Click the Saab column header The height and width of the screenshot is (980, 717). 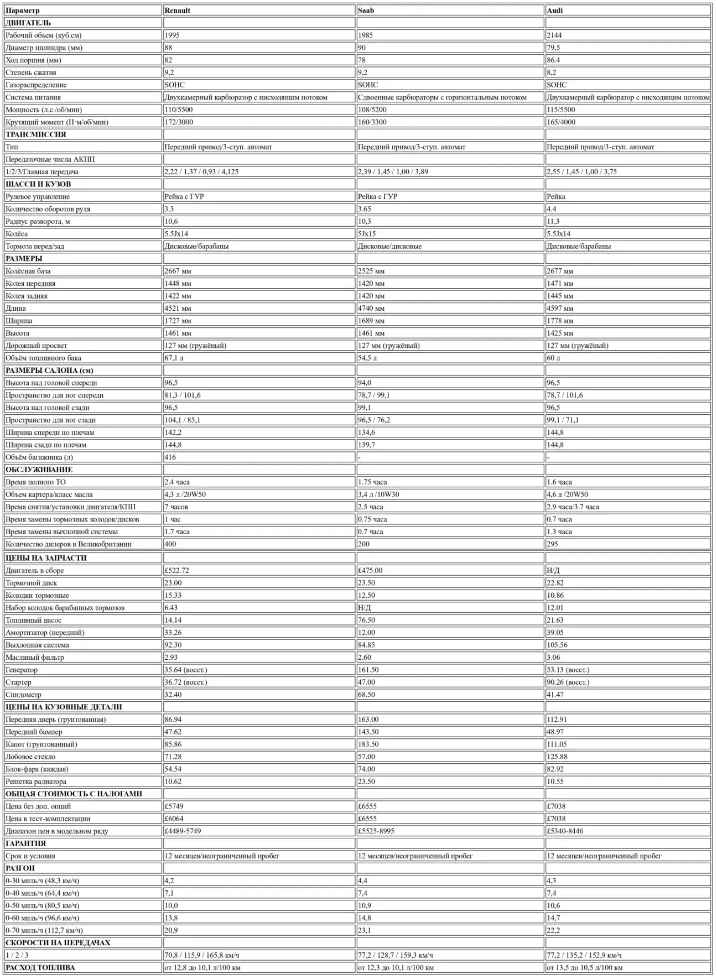tap(366, 11)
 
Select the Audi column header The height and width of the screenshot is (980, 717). tap(554, 11)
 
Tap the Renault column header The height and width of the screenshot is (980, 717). tap(177, 11)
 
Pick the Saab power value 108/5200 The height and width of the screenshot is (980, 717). tap(372, 110)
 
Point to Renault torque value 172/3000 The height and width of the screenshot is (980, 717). tap(179, 122)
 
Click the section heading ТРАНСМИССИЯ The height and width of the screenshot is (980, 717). tap(35, 134)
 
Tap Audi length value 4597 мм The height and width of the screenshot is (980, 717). tap(560, 309)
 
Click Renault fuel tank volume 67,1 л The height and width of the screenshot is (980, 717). tap(174, 358)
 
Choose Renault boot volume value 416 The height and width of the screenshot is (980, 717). tap(170, 457)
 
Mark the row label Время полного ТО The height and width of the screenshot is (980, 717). tap(35, 482)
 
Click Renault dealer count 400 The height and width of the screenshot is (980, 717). tap(170, 544)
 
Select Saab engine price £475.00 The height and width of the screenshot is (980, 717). tap(370, 571)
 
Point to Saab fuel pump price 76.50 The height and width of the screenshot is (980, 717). tap(366, 621)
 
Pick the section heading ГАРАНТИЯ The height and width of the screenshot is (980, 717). tap(25, 844)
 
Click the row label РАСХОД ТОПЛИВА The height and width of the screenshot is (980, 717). tap(40, 968)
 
